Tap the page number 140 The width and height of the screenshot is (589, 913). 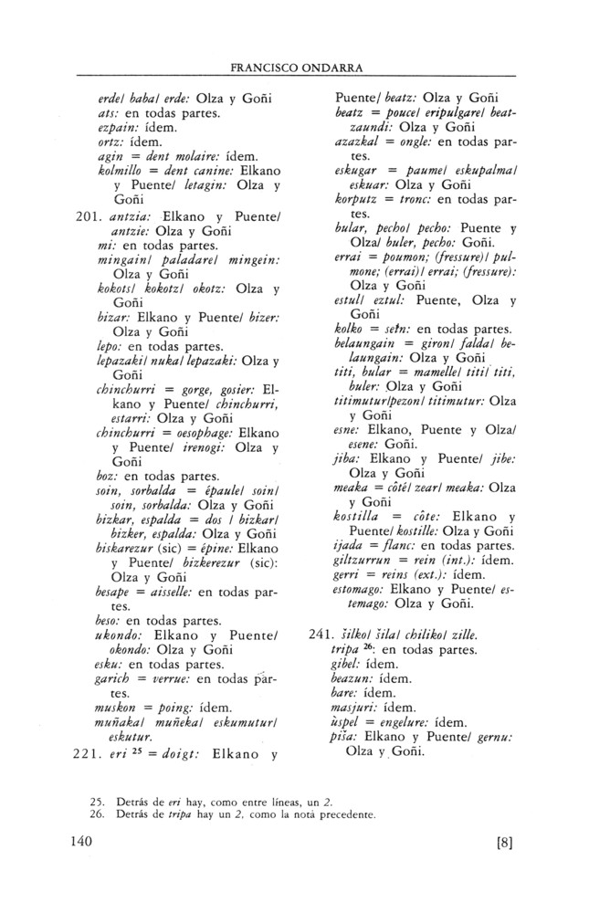point(83,841)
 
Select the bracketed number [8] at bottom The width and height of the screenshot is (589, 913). point(505,843)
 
